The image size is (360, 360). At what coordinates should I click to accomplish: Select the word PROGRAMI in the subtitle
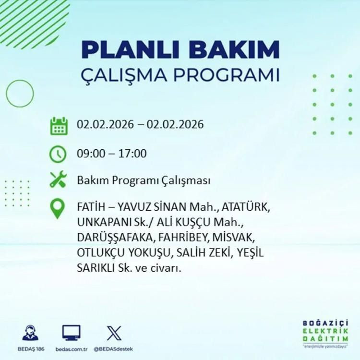click(227, 75)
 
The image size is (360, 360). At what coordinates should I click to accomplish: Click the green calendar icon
click(59, 125)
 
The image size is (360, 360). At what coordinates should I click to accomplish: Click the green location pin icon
click(58, 208)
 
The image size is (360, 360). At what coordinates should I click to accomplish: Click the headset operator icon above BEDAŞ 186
click(31, 333)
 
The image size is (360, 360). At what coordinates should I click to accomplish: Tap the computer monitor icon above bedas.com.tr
click(71, 333)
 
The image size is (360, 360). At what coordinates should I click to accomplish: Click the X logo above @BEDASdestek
click(114, 333)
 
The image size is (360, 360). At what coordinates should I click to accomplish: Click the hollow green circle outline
click(20, 93)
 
